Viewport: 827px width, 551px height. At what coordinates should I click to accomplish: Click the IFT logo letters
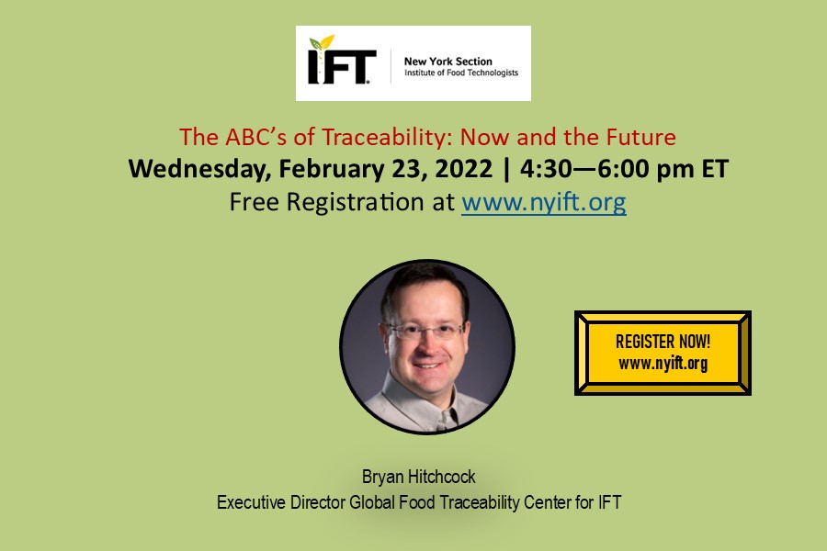click(342, 67)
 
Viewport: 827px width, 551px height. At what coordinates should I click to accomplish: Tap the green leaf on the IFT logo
click(322, 43)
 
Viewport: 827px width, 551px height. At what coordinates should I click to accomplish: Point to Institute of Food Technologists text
click(461, 73)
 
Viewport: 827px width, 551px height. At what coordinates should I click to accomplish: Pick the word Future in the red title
click(639, 138)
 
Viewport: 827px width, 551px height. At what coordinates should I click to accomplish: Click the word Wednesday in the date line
click(188, 170)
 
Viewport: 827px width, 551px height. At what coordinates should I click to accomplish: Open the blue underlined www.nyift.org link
click(544, 202)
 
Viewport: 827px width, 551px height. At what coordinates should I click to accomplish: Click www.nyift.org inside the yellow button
click(663, 364)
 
